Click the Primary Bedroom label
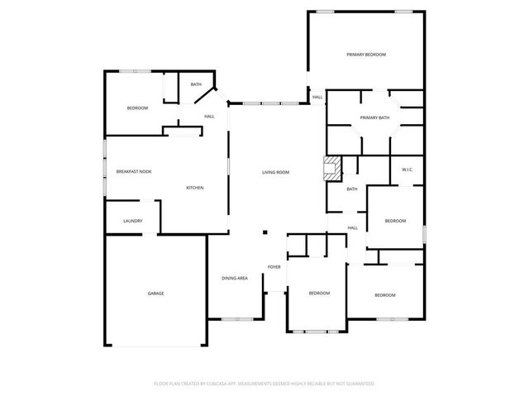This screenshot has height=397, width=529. coord(366,55)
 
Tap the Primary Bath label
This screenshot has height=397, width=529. coord(374,117)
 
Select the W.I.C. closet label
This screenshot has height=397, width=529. coord(407,170)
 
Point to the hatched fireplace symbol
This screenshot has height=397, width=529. coord(331,168)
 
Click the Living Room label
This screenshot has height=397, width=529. coord(275,172)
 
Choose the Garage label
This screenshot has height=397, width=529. coord(155,294)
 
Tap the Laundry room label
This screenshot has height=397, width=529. coord(133,221)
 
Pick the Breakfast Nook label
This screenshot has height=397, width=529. coord(134,171)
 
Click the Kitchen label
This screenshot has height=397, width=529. coord(195,188)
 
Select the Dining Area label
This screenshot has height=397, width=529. coord(235,278)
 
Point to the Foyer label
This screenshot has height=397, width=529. coord(274,267)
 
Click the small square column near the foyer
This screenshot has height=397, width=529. coord(264,233)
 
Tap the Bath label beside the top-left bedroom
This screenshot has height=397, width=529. coord(196,84)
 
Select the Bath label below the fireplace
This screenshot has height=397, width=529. coord(352,189)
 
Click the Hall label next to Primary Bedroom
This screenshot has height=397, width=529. coord(317,98)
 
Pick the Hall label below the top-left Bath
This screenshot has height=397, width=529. coord(209,116)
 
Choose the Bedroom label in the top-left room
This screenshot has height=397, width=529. coord(137,108)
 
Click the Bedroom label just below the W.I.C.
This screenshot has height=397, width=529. coord(395,221)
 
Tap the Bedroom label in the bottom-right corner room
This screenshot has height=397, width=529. coord(385,295)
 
